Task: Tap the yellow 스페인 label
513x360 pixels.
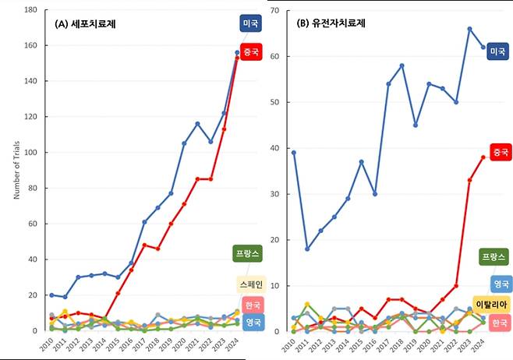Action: (x=249, y=284)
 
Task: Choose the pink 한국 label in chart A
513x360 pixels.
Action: (x=252, y=305)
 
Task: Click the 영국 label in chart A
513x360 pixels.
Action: (x=252, y=321)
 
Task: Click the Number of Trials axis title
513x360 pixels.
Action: (x=16, y=171)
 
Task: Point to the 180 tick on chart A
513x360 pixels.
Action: (x=32, y=10)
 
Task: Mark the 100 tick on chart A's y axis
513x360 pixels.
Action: (x=32, y=153)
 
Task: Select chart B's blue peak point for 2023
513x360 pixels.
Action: (x=469, y=29)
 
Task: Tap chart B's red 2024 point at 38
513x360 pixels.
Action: (x=483, y=157)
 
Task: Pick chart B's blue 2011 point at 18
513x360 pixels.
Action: (x=306, y=249)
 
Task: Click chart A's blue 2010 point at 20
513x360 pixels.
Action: (x=51, y=295)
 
